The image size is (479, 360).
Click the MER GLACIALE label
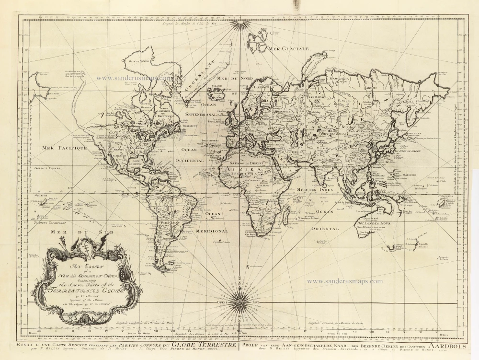pyautogui.click(x=288, y=49)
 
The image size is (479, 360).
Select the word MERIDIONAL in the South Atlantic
pyautogui.click(x=211, y=231)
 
